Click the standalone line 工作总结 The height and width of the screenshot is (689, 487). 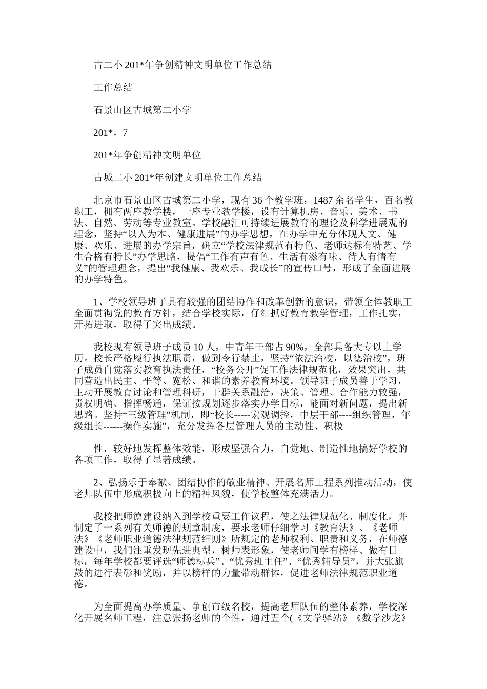[113, 87]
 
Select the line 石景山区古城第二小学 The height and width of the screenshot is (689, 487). [143, 110]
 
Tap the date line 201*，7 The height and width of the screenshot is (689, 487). [111, 132]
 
